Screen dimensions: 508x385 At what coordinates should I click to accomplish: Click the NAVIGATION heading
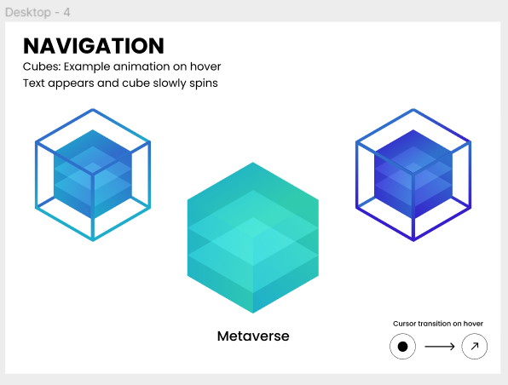(x=94, y=46)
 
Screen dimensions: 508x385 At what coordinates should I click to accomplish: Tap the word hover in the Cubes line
(x=205, y=66)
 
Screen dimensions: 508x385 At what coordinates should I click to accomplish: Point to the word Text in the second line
(x=34, y=83)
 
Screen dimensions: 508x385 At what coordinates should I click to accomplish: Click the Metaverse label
(x=253, y=336)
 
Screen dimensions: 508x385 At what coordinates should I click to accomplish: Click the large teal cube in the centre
(x=253, y=238)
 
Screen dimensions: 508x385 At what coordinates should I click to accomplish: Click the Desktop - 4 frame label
(x=38, y=12)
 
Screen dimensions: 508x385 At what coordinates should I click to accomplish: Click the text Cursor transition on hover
(x=438, y=324)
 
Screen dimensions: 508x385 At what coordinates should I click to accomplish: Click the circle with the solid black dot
(x=402, y=347)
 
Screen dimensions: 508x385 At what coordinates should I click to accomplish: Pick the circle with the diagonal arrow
(x=474, y=347)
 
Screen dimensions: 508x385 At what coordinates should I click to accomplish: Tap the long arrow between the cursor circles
(x=440, y=347)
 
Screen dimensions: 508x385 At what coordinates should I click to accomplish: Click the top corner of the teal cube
(x=253, y=163)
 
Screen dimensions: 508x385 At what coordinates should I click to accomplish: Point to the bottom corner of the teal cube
(x=253, y=313)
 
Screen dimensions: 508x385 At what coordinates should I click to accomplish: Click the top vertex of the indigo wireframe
(x=413, y=109)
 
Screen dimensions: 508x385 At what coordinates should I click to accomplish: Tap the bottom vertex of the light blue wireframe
(x=93, y=240)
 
